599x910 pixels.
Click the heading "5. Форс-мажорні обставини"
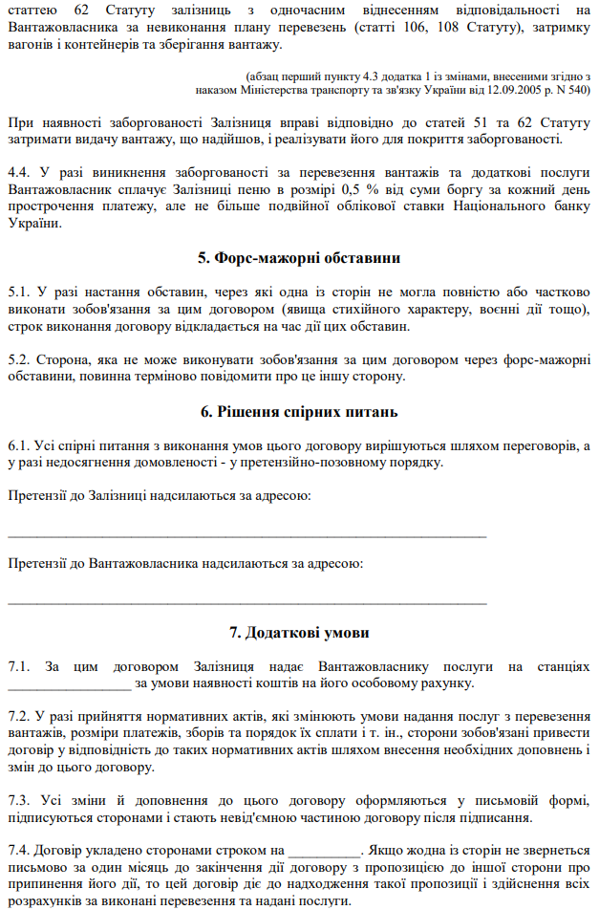(299, 258)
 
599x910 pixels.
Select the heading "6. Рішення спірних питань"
(299, 412)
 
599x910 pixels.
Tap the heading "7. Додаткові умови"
(299, 633)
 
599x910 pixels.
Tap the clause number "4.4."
(19, 174)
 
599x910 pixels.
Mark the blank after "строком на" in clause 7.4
(325, 850)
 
